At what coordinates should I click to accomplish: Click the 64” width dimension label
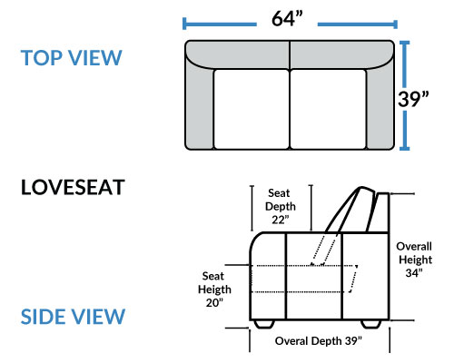click(287, 19)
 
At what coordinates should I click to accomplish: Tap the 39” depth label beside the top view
click(413, 99)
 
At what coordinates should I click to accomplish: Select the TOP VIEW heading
click(72, 57)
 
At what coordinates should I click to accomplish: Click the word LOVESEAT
click(73, 187)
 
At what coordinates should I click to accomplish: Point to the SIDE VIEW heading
click(73, 317)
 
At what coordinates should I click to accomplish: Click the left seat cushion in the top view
click(252, 109)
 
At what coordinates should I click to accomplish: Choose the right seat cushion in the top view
click(328, 109)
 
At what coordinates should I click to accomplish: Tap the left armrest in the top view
click(199, 106)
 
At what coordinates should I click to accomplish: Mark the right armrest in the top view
click(380, 106)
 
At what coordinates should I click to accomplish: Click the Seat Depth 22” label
click(280, 206)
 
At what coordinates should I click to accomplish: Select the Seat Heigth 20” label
click(214, 289)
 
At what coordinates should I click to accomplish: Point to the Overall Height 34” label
click(414, 260)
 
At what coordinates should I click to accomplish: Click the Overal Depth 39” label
click(319, 341)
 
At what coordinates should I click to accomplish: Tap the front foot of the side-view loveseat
click(264, 324)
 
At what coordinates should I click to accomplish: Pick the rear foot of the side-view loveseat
click(371, 324)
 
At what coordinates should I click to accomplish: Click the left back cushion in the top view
click(239, 54)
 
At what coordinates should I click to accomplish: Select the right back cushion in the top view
click(341, 54)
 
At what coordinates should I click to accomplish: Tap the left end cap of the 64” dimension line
click(184, 24)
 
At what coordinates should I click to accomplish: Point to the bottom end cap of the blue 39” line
click(405, 149)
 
